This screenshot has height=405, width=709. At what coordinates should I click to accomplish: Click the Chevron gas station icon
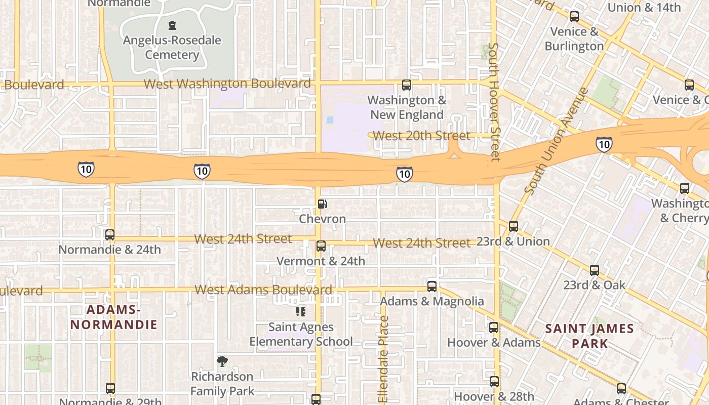[322, 205]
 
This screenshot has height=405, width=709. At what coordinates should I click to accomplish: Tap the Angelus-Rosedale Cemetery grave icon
[172, 25]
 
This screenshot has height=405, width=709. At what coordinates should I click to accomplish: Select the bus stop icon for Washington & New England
[407, 85]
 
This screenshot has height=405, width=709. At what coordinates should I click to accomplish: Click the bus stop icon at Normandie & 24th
[110, 235]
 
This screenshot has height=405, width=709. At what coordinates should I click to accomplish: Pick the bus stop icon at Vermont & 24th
[321, 247]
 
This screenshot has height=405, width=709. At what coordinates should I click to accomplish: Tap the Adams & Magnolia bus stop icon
[432, 287]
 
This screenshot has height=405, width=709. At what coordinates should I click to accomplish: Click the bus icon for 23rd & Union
[514, 226]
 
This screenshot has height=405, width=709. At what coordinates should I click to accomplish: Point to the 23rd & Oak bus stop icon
[595, 270]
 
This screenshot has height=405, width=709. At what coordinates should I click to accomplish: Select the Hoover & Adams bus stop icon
[494, 328]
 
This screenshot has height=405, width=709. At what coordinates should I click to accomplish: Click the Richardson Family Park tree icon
[222, 361]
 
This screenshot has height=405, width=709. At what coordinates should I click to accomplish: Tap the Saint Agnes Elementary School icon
[301, 312]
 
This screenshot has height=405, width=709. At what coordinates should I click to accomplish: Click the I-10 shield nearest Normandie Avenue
[86, 169]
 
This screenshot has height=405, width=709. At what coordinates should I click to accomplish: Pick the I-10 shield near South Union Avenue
[604, 144]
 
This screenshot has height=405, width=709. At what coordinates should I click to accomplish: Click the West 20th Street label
[421, 136]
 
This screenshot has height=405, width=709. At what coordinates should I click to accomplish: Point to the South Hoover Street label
[494, 101]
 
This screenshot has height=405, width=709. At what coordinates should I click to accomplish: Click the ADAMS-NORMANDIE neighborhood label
[114, 317]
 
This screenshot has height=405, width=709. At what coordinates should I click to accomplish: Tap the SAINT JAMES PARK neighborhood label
[589, 336]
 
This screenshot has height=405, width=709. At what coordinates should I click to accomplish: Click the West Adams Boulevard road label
[263, 290]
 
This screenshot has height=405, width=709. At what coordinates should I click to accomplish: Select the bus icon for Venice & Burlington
[574, 17]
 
